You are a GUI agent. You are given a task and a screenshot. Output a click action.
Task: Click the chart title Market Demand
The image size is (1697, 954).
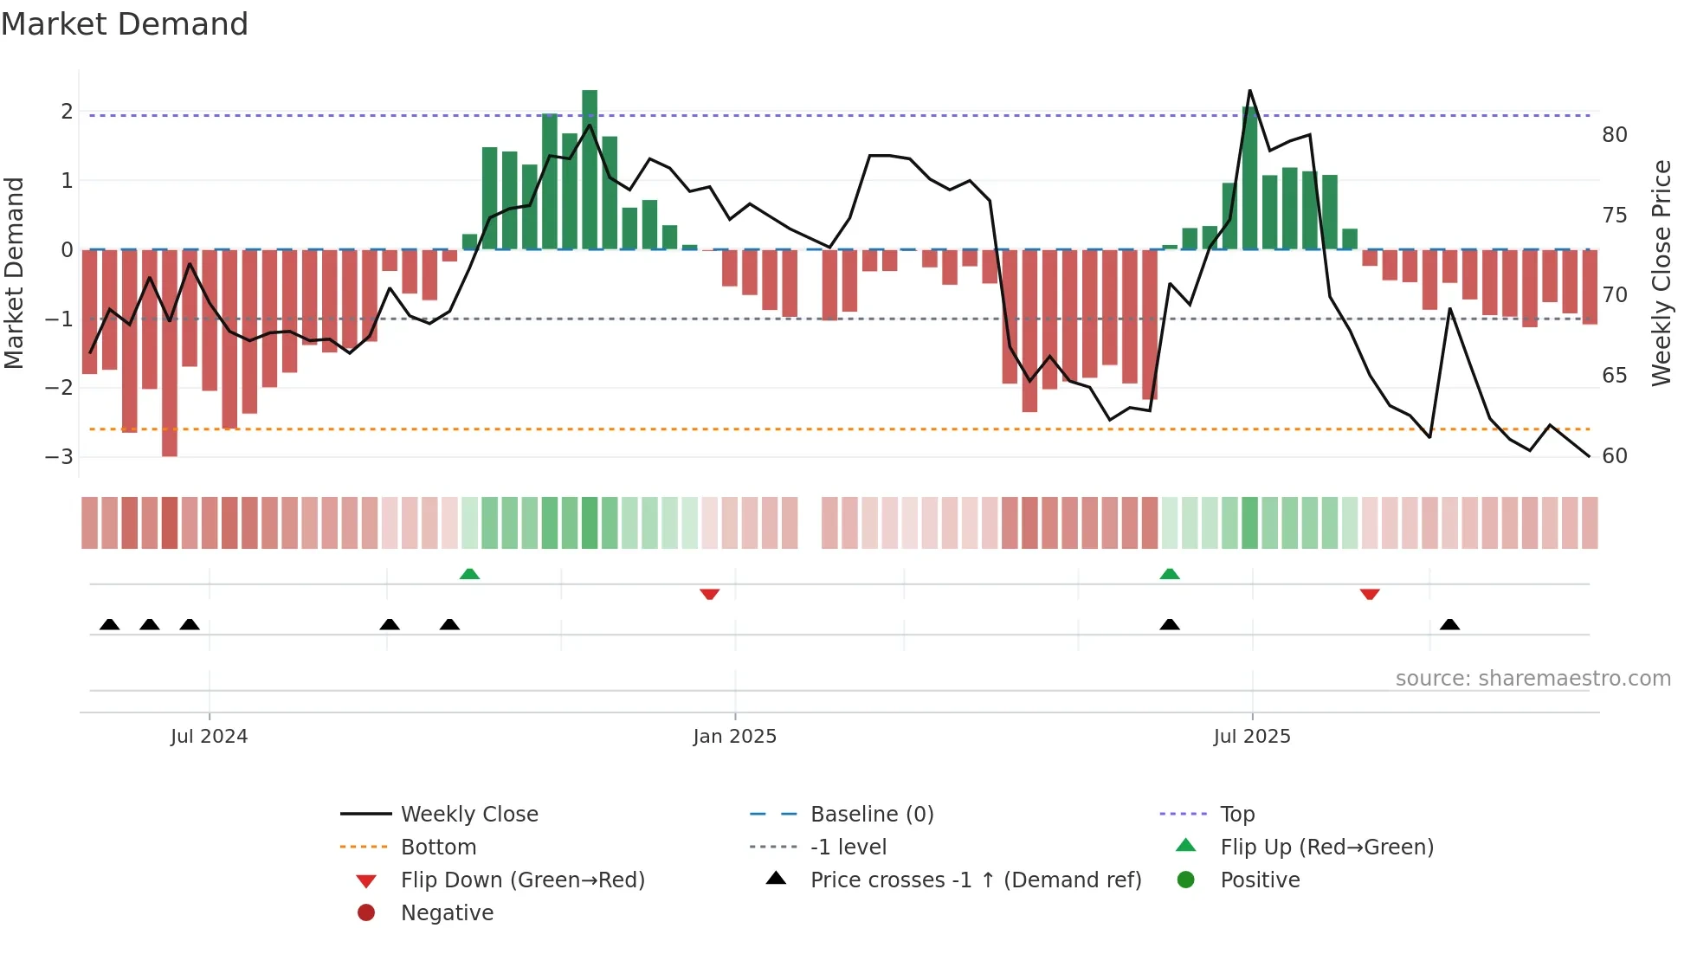tap(125, 24)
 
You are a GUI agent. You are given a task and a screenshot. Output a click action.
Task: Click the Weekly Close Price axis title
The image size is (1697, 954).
tap(1661, 273)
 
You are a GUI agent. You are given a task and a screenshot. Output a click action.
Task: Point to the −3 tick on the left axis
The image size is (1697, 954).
tap(59, 456)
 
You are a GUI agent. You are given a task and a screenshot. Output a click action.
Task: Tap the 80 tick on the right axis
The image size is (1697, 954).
tap(1614, 135)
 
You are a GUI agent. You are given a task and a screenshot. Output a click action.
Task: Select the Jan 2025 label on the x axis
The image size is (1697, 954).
tap(734, 737)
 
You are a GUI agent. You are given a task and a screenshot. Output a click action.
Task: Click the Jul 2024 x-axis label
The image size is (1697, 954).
tap(209, 737)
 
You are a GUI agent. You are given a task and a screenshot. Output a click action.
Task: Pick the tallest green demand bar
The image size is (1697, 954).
tap(590, 170)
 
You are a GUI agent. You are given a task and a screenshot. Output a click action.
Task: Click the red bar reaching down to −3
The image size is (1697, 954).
tap(170, 355)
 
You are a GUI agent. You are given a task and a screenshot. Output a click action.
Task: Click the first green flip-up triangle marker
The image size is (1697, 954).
tap(469, 574)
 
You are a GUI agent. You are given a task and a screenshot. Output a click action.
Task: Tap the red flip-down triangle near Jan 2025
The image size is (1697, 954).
tap(709, 594)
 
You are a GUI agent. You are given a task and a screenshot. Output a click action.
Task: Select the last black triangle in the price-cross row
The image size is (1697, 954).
tap(1449, 624)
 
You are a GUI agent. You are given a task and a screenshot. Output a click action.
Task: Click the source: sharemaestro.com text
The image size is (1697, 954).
tap(1532, 679)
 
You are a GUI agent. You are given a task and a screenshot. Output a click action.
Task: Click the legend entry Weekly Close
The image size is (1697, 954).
tap(468, 815)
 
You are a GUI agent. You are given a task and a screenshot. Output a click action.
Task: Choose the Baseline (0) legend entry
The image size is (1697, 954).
tap(871, 815)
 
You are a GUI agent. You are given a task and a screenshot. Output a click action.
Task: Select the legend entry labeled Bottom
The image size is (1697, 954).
tap(438, 848)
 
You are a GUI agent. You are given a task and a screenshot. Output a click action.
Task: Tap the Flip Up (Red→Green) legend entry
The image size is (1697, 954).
tap(1326, 848)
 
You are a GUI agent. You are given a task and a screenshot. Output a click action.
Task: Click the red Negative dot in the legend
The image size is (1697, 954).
tap(366, 912)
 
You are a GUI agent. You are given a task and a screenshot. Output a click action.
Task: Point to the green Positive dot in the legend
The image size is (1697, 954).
tap(1186, 880)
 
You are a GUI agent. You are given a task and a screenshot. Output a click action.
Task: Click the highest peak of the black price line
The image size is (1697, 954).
tap(1249, 90)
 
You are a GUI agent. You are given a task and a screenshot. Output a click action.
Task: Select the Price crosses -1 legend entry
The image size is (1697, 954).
tap(975, 880)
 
